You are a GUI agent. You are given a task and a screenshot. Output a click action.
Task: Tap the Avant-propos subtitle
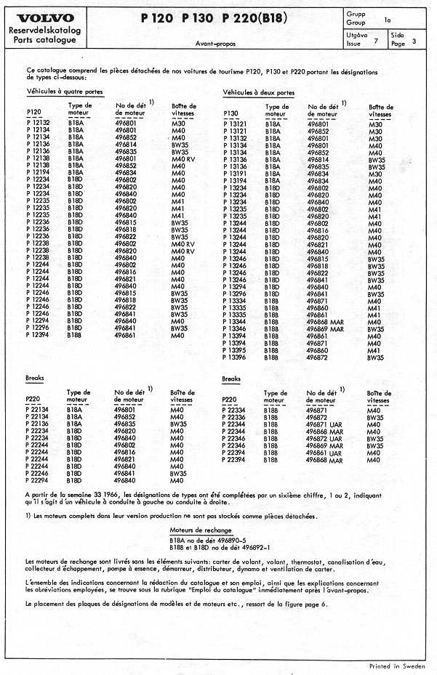(215, 44)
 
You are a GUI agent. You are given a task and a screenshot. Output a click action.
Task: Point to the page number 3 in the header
(414, 41)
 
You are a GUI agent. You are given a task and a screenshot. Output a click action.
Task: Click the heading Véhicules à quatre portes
(65, 93)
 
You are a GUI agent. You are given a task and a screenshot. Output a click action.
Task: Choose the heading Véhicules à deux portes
(258, 93)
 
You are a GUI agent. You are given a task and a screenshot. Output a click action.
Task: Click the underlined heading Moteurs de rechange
(201, 530)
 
